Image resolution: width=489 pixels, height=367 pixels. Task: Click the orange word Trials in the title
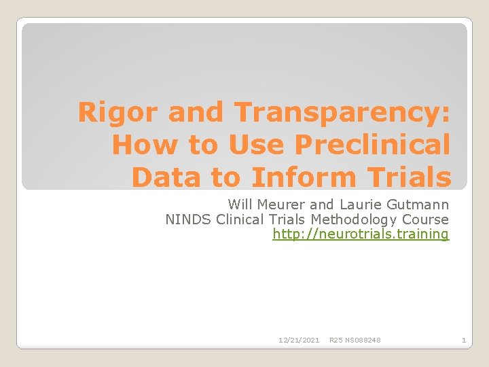pyautogui.click(x=410, y=177)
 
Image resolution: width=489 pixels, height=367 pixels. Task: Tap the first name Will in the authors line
pyautogui.click(x=240, y=204)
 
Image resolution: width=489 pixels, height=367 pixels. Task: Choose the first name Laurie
pyautogui.click(x=353, y=204)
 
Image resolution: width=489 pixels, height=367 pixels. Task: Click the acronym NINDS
pyautogui.click(x=188, y=219)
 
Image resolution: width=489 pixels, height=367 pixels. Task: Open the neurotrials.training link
pyautogui.click(x=361, y=234)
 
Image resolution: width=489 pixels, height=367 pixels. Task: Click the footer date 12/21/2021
pyautogui.click(x=299, y=340)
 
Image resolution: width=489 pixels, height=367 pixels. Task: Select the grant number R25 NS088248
pyautogui.click(x=355, y=340)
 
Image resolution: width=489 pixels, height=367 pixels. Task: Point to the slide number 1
pyautogui.click(x=463, y=340)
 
